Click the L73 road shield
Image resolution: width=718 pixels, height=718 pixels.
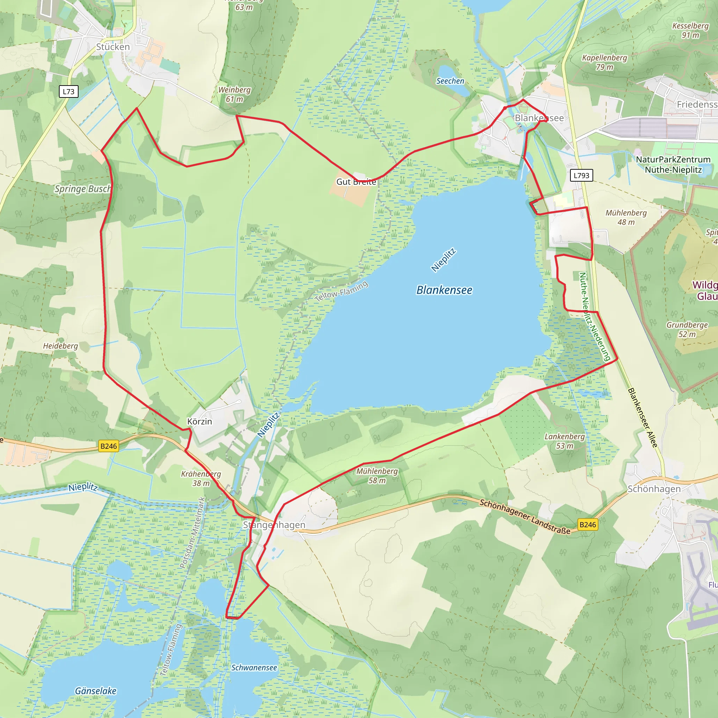click(x=69, y=92)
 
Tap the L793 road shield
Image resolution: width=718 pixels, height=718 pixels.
click(x=581, y=175)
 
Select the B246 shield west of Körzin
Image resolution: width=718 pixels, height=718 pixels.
click(x=109, y=446)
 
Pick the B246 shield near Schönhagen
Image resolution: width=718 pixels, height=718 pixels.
click(x=588, y=524)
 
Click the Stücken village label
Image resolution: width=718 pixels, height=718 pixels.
click(x=113, y=47)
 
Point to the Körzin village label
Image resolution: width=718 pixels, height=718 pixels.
click(x=199, y=421)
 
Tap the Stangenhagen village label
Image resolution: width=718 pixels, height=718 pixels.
click(x=274, y=525)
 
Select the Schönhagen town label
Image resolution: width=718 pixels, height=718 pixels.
click(x=654, y=489)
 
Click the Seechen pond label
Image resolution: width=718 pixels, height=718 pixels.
click(x=450, y=81)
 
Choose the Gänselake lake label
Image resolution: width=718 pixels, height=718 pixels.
click(x=95, y=691)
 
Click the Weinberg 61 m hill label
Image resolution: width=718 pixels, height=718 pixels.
click(x=234, y=94)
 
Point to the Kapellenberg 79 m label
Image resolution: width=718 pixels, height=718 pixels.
click(x=605, y=62)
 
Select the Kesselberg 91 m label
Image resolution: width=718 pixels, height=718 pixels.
click(x=690, y=30)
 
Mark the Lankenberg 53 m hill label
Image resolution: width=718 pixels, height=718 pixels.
click(x=564, y=441)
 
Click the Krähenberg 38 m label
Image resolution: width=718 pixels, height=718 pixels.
click(x=201, y=478)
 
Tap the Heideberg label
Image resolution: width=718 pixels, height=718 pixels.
click(x=61, y=346)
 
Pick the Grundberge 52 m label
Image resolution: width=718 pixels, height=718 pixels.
click(x=687, y=329)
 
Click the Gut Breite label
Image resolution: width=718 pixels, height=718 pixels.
click(x=356, y=182)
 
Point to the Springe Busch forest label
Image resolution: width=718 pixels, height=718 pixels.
click(x=83, y=189)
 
